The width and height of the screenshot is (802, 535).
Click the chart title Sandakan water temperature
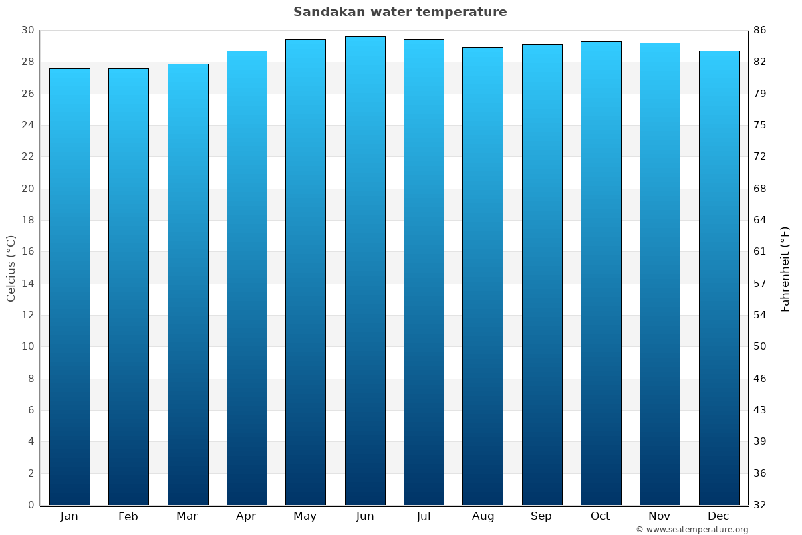(x=400, y=12)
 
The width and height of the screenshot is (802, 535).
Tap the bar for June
(x=365, y=270)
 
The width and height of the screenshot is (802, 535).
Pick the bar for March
(x=188, y=284)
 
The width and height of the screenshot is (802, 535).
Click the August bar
(x=483, y=276)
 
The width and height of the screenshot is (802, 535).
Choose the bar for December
(x=719, y=278)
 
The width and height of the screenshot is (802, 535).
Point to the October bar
(x=601, y=273)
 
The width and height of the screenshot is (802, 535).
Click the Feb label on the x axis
(x=128, y=516)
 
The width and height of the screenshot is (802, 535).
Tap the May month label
(x=305, y=516)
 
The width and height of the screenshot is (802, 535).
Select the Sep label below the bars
(x=541, y=516)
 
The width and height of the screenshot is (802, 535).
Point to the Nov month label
(x=660, y=516)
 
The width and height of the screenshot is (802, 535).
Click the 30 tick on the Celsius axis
(x=27, y=30)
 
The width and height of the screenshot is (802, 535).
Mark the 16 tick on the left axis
(x=27, y=252)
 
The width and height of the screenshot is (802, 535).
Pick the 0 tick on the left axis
(x=31, y=505)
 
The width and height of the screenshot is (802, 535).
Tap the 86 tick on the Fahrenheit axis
(x=759, y=30)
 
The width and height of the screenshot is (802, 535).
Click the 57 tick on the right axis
(x=759, y=284)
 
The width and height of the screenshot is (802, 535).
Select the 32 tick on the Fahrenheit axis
(x=759, y=505)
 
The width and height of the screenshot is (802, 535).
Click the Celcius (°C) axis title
(x=11, y=267)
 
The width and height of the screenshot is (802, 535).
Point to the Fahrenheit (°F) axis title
(x=785, y=268)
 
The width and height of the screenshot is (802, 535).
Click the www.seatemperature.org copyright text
(x=692, y=530)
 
